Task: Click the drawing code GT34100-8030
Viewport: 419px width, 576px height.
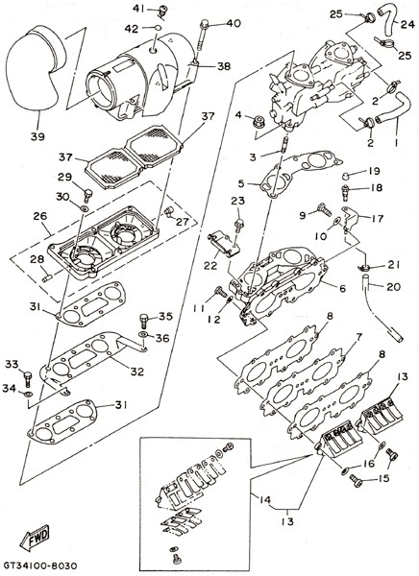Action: (40, 564)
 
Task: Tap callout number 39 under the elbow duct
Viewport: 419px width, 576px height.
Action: (37, 136)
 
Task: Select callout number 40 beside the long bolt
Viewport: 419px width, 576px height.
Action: (234, 23)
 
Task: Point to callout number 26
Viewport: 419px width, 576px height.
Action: (40, 216)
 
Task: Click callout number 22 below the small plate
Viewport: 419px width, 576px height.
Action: (210, 265)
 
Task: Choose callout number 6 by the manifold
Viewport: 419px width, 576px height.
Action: (342, 289)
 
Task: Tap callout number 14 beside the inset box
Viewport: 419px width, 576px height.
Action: (264, 499)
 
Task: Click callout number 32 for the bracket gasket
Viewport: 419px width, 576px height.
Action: (136, 372)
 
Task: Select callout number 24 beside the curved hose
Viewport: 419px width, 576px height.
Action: (407, 25)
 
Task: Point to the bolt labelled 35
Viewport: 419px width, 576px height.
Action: (144, 321)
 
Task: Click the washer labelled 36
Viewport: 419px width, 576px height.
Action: (143, 335)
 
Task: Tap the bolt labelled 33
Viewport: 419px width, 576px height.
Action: (28, 378)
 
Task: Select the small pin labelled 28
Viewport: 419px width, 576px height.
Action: (47, 278)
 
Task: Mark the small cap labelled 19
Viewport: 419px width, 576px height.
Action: (344, 175)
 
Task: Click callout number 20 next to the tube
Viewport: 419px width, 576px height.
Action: (393, 286)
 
